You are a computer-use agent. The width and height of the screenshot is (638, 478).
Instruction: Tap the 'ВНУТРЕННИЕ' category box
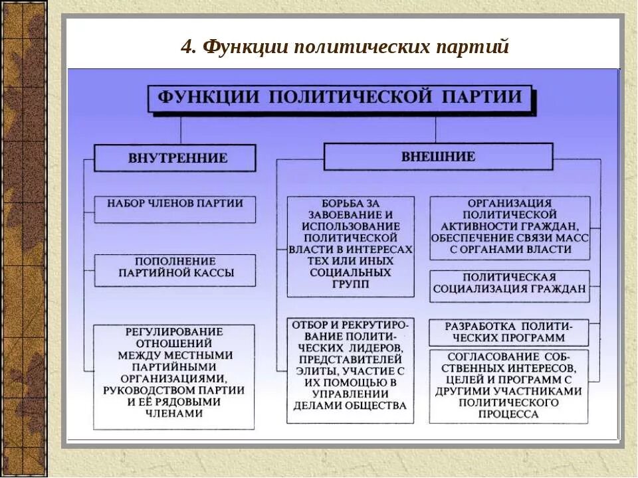[x=175, y=158]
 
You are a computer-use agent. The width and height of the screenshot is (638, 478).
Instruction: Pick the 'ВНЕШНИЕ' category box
[x=438, y=157]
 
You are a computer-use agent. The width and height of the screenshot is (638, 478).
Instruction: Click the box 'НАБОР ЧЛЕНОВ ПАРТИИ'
[x=175, y=203]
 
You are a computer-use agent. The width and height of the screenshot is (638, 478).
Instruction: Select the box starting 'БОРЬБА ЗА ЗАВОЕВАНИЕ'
[x=350, y=245]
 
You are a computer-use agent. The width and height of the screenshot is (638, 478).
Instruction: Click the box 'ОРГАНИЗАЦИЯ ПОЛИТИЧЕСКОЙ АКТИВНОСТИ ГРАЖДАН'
[x=510, y=227]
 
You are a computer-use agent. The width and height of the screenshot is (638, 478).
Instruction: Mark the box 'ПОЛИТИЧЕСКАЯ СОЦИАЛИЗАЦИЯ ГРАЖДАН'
[x=510, y=283]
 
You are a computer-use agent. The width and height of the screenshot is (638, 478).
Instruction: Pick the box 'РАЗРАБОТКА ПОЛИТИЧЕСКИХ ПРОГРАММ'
[x=509, y=331]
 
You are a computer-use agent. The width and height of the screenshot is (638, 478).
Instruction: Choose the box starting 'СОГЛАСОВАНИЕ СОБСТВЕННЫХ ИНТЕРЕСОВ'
[x=509, y=385]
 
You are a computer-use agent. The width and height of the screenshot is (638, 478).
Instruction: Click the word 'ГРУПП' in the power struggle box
[x=350, y=283]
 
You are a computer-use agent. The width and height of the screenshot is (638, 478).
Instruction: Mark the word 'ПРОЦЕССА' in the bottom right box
[x=509, y=414]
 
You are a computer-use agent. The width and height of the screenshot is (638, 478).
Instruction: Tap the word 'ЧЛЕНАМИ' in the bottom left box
[x=173, y=412]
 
